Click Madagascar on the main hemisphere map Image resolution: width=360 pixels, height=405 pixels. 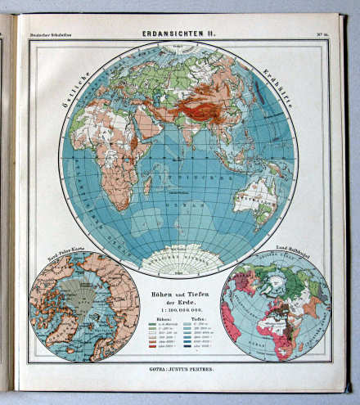(x=146, y=184)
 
